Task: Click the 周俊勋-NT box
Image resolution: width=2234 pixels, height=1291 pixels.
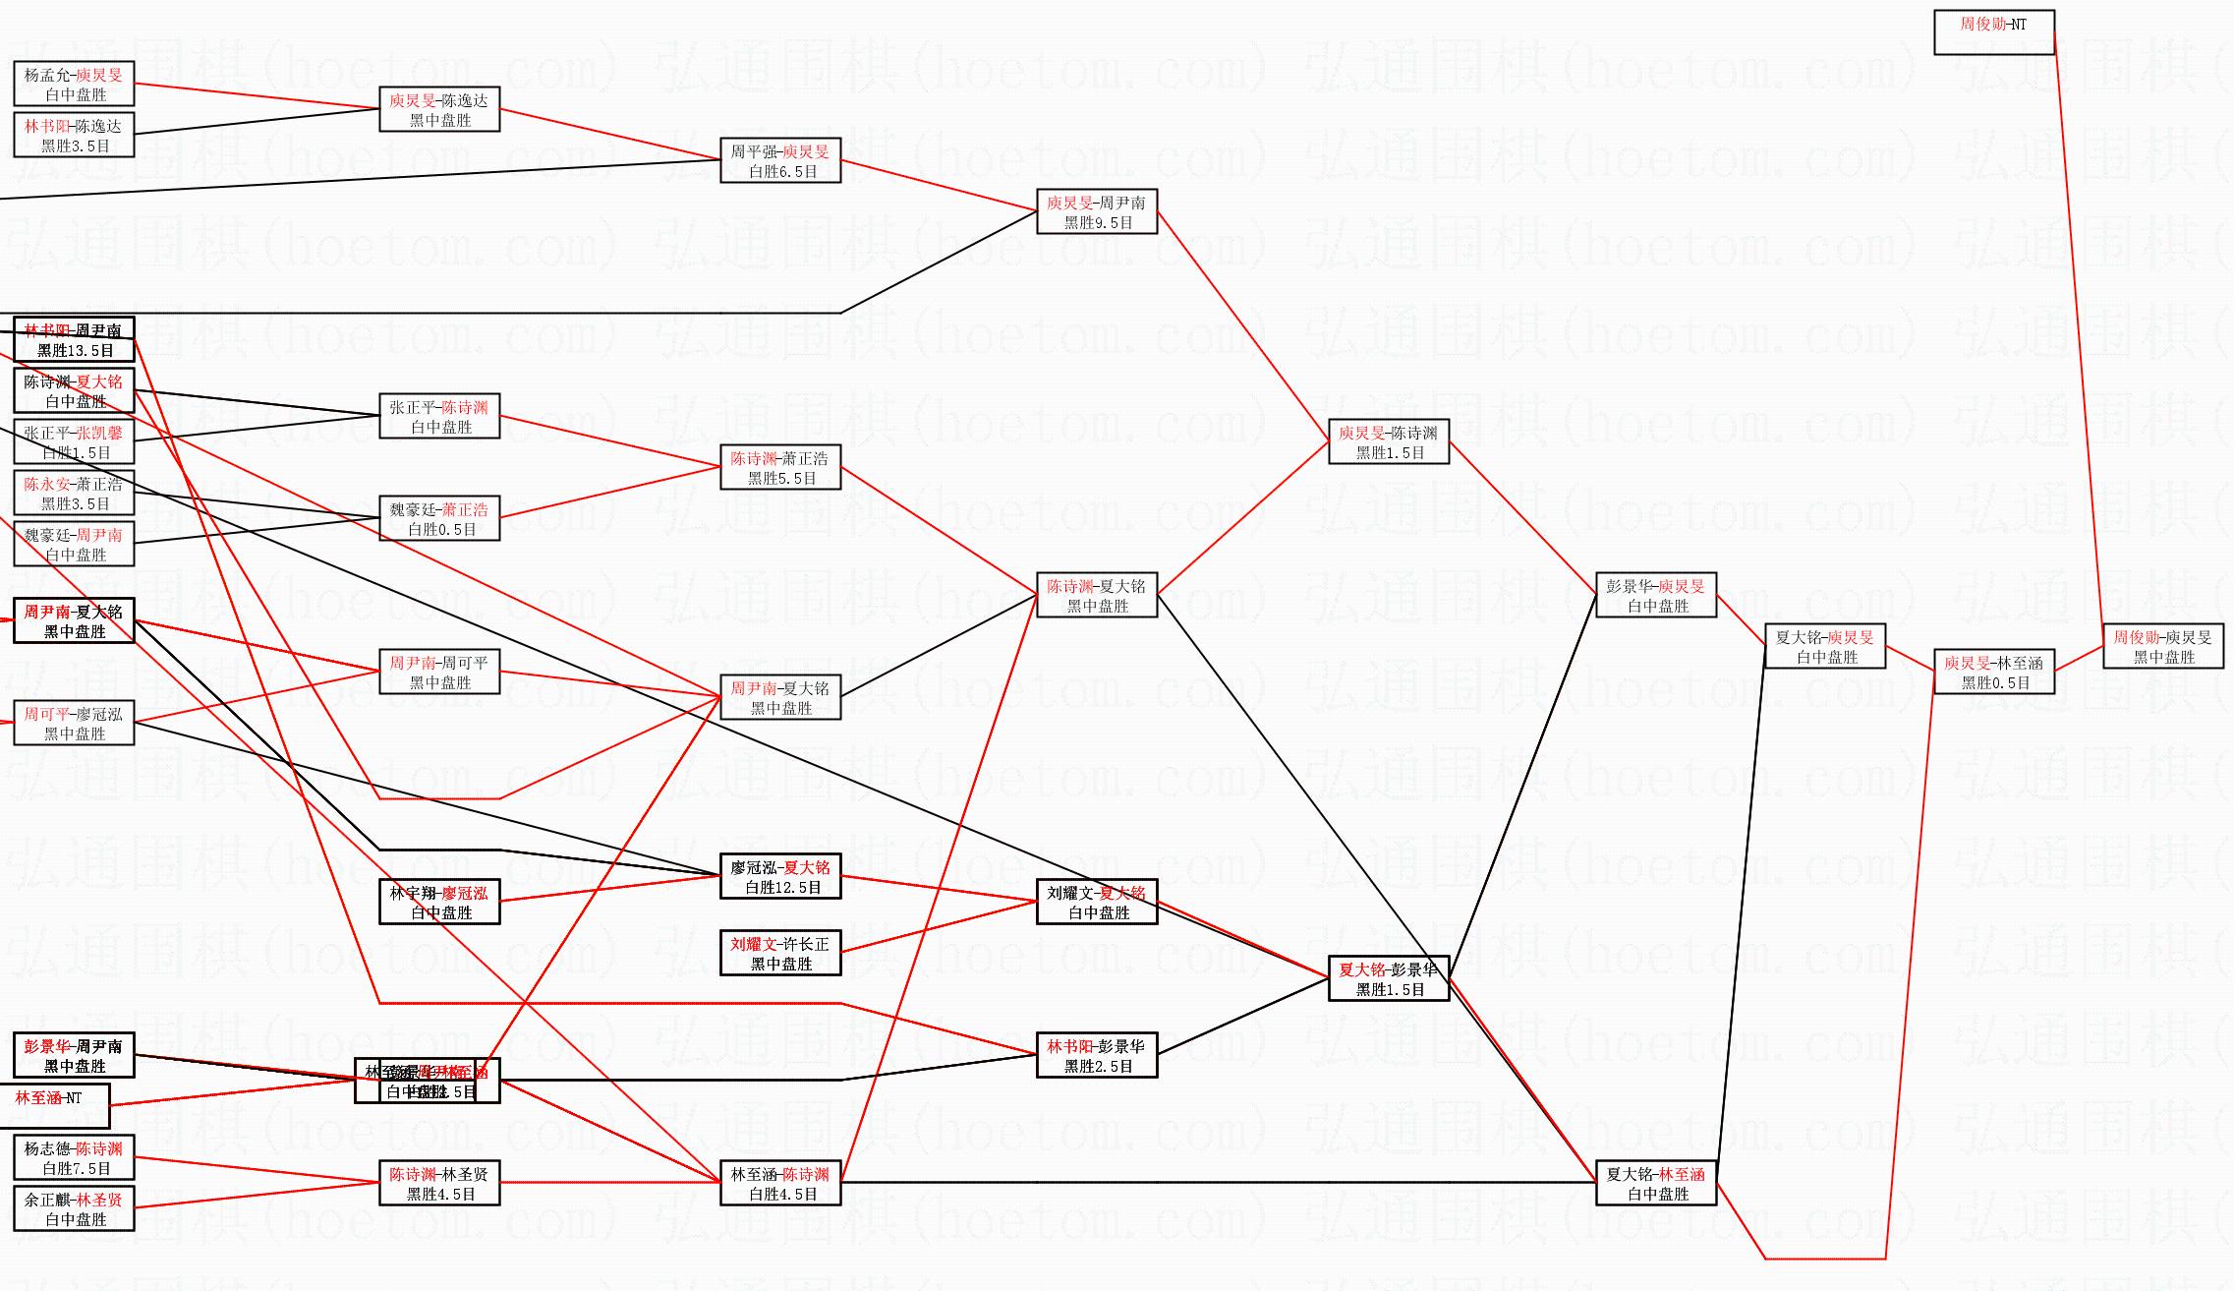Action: click(1993, 32)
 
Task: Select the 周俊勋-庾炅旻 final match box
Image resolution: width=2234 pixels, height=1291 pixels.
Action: click(2162, 647)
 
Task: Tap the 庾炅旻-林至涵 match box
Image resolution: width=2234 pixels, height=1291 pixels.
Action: click(1993, 673)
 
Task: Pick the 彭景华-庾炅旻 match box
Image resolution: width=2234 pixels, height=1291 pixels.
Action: click(1656, 596)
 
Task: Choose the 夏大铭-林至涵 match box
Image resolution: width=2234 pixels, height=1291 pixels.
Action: click(1656, 1184)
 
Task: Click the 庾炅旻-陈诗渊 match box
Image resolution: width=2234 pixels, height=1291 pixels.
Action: click(1388, 442)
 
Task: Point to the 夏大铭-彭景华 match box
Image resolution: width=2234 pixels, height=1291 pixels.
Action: click(1388, 979)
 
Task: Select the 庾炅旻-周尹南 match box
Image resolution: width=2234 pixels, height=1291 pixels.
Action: click(1097, 212)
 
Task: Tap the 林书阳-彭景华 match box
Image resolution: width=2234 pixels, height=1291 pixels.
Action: click(1097, 1056)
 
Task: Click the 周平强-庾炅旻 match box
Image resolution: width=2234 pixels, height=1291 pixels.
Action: click(780, 161)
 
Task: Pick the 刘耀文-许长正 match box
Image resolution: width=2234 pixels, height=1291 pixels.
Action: click(780, 954)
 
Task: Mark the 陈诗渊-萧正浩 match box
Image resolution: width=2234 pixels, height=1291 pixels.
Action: click(780, 468)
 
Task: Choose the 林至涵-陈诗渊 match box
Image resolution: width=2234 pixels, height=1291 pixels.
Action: click(780, 1184)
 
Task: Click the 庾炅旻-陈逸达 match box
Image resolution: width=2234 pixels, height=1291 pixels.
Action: click(439, 110)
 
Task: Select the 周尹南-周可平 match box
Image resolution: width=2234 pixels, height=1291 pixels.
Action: click(439, 673)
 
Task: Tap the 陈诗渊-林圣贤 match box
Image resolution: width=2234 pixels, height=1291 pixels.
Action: click(439, 1184)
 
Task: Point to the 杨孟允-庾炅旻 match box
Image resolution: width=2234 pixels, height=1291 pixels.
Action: click(74, 85)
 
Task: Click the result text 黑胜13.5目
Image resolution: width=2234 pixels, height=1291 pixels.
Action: click(76, 351)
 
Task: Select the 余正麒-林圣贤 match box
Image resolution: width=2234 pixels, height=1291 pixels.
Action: click(74, 1209)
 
